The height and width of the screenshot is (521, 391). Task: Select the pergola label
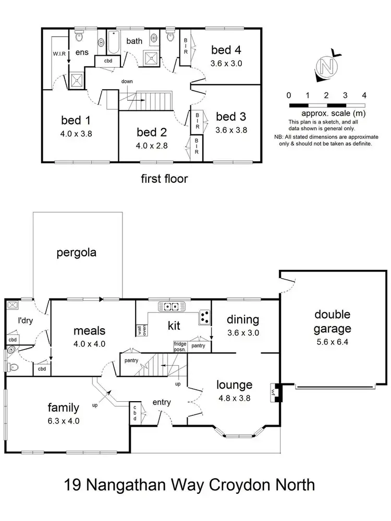click(x=77, y=253)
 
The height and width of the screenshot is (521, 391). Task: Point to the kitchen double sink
click(x=172, y=306)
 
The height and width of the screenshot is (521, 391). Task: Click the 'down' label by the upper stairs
click(x=127, y=82)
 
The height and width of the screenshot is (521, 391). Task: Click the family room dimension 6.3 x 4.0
click(x=63, y=421)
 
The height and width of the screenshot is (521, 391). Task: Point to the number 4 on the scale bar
click(x=364, y=95)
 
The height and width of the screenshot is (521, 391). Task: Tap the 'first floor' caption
click(x=164, y=179)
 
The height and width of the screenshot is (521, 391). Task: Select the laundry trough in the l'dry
click(x=13, y=306)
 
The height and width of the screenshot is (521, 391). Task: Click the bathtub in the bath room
click(x=113, y=43)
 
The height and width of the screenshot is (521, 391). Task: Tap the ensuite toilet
click(x=79, y=35)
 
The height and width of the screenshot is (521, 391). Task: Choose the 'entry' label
click(x=162, y=402)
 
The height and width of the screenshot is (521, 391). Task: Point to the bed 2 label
click(x=151, y=131)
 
